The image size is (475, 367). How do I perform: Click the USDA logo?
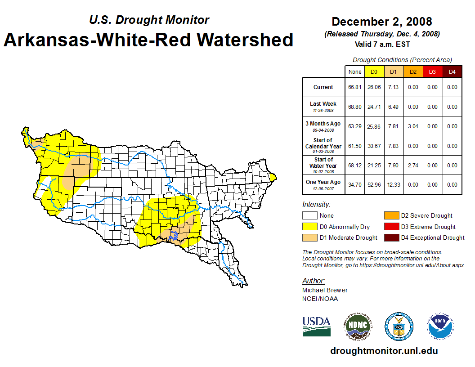coord(316,326)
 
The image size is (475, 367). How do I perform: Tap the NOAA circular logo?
coord(440,326)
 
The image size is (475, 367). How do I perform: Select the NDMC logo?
coord(358,326)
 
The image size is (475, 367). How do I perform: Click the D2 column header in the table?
coord(413,72)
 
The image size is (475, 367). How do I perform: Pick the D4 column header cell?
coord(452,72)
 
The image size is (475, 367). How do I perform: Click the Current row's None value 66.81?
coord(355,87)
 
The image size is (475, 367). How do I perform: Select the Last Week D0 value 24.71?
coord(374,107)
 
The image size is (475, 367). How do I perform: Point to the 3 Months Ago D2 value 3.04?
coord(413,126)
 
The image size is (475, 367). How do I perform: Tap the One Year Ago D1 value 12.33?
coord(394,184)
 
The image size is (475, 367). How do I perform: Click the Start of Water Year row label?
coord(323,165)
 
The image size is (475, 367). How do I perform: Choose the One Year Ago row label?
coord(323,182)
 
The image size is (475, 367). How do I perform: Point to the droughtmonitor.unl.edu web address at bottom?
coord(384,351)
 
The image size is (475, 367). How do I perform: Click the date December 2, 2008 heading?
coord(381,22)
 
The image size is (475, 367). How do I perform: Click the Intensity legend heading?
coord(316,205)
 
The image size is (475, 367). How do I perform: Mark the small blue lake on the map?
coord(174,235)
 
